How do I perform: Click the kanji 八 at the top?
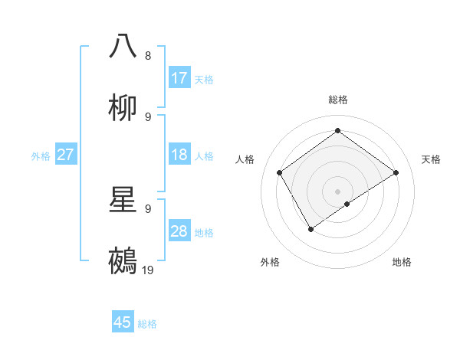(x=123, y=45)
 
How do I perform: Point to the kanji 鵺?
(x=123, y=260)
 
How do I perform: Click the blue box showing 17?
(x=179, y=78)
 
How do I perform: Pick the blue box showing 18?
(x=179, y=155)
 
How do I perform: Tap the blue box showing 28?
(x=179, y=231)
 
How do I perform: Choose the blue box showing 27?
(x=66, y=155)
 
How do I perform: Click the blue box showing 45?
(x=123, y=322)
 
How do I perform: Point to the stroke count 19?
(x=148, y=270)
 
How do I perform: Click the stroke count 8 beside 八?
(x=148, y=55)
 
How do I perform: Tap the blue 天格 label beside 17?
(x=204, y=79)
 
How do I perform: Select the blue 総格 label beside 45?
(x=147, y=324)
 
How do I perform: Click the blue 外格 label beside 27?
(x=41, y=155)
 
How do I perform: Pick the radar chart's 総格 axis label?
(x=338, y=100)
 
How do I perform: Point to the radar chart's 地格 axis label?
(x=402, y=262)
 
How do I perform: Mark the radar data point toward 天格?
(x=396, y=172)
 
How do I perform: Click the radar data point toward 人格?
(x=280, y=172)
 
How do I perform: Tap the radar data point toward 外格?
(x=311, y=228)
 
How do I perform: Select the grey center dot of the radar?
(x=338, y=191)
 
